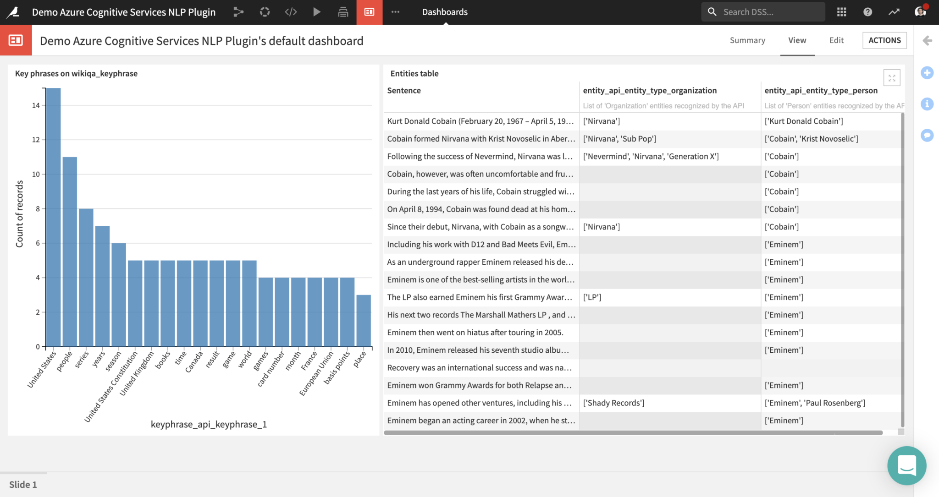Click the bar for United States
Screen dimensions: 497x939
click(53, 217)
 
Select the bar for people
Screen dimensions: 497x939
click(70, 251)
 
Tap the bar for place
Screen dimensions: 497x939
click(364, 320)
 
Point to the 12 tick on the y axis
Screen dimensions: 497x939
click(36, 140)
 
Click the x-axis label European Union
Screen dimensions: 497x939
click(316, 373)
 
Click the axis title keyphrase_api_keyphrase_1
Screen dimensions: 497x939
click(209, 424)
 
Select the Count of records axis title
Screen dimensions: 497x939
click(19, 214)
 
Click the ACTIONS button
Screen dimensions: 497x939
click(884, 40)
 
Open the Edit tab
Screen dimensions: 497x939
click(836, 40)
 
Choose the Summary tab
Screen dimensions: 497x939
click(747, 40)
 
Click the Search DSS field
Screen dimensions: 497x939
click(763, 12)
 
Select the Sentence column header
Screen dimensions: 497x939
click(404, 90)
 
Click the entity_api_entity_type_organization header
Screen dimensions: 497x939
click(650, 90)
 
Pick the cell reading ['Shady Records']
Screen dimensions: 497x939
click(613, 403)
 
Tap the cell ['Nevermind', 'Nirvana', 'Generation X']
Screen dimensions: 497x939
click(651, 156)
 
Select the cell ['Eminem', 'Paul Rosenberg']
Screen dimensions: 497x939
click(815, 403)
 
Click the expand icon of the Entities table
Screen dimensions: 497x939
click(891, 78)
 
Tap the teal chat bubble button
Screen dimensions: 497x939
click(906, 465)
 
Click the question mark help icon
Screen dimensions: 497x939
click(867, 12)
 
